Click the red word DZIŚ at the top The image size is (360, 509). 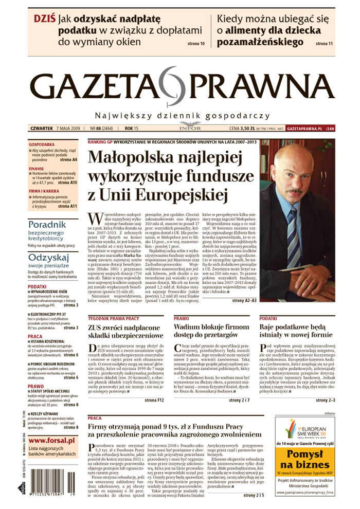(x=44, y=19)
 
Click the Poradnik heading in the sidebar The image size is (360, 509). (x=47, y=224)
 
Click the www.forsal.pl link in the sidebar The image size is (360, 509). (x=52, y=440)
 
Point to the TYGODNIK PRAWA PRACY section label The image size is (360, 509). (x=114, y=319)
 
